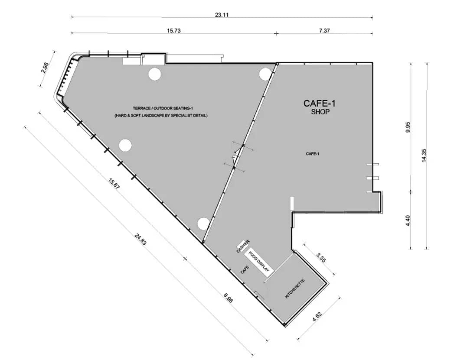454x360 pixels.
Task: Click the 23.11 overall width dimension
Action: pyautogui.click(x=222, y=15)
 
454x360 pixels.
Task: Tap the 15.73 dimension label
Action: pyautogui.click(x=174, y=30)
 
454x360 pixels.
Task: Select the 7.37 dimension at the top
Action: pyautogui.click(x=324, y=30)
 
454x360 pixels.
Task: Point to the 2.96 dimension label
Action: pyautogui.click(x=45, y=68)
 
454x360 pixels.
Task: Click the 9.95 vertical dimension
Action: pyautogui.click(x=408, y=127)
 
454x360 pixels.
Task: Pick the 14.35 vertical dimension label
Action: pyautogui.click(x=424, y=155)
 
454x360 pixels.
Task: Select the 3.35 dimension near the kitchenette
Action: pyautogui.click(x=321, y=257)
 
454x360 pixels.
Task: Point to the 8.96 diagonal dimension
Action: pyautogui.click(x=228, y=298)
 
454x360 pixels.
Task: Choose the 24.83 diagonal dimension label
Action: pyautogui.click(x=140, y=239)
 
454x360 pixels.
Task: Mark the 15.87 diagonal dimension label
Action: pyautogui.click(x=114, y=184)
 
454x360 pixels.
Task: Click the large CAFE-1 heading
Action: pyautogui.click(x=320, y=103)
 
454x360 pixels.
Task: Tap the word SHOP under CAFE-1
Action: pyautogui.click(x=320, y=112)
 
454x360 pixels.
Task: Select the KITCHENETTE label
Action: pyautogui.click(x=295, y=289)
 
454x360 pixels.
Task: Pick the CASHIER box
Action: pyautogui.click(x=243, y=246)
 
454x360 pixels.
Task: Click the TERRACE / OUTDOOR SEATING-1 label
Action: pyautogui.click(x=163, y=108)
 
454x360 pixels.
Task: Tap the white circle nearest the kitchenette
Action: pyautogui.click(x=203, y=223)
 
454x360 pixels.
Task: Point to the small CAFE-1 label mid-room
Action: pyautogui.click(x=312, y=154)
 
